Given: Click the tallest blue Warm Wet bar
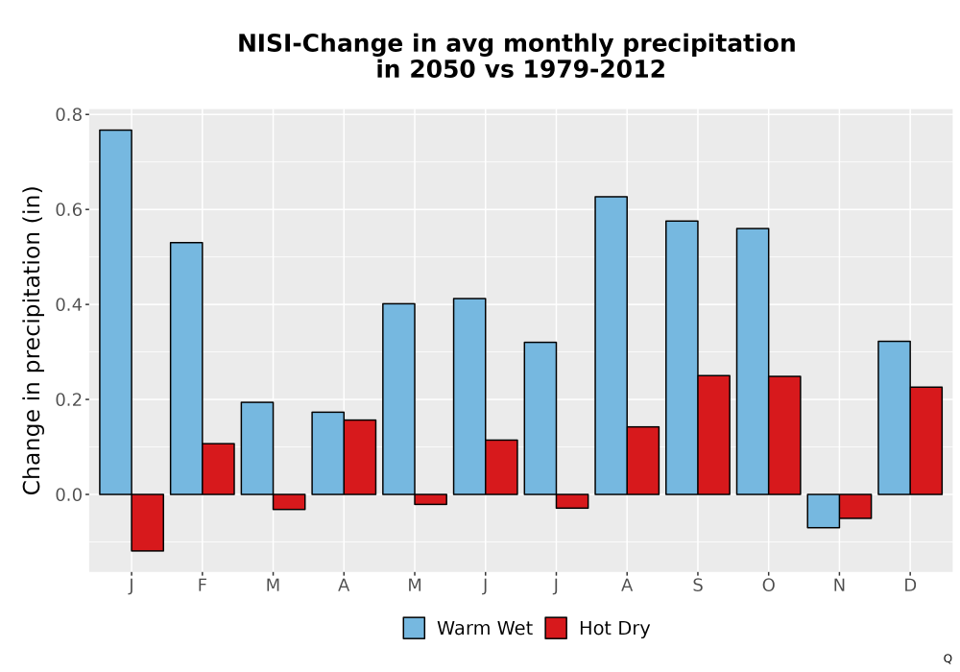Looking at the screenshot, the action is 115,312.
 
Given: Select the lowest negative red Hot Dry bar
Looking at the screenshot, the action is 148,522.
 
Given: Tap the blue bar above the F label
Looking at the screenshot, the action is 186,369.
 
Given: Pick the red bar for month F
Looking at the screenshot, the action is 219,468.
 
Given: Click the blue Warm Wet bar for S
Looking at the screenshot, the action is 682,357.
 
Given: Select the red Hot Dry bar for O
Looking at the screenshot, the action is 785,435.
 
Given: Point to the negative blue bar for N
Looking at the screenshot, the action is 824,511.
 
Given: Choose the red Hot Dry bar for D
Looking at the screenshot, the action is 926,441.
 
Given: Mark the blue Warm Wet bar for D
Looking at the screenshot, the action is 895,418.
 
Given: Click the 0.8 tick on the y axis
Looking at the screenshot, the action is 68,115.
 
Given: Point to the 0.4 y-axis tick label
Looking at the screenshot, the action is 68,304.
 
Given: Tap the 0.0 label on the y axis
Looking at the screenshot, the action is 68,494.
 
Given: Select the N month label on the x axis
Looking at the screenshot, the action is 839,586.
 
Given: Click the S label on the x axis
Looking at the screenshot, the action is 698,586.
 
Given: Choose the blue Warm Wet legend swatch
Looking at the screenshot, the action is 414,628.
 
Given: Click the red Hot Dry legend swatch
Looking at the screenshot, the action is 556,628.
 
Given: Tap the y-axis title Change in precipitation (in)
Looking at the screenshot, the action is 32,340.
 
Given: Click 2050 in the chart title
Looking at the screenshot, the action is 442,69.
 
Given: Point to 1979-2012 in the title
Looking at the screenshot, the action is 594,69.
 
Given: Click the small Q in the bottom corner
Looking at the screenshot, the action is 948,659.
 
